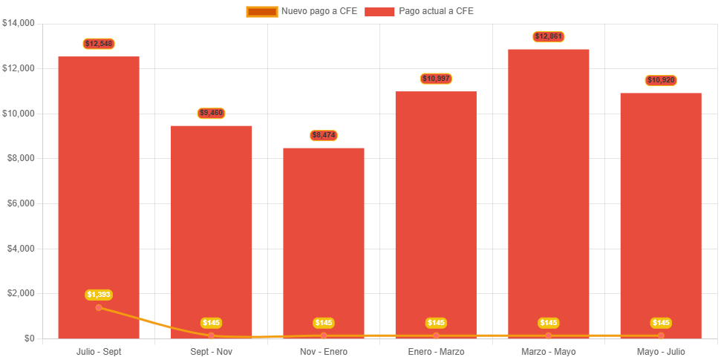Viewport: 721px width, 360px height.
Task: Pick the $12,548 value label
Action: pyautogui.click(x=99, y=44)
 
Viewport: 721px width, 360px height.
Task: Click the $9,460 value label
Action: pyautogui.click(x=211, y=113)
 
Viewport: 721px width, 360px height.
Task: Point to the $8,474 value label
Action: pyautogui.click(x=324, y=135)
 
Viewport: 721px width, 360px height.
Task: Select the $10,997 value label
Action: pyautogui.click(x=436, y=79)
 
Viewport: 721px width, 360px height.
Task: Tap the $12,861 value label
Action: pyautogui.click(x=549, y=36)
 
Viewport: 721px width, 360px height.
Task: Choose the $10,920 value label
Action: pyautogui.click(x=661, y=80)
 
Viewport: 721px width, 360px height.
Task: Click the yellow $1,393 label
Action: pyautogui.click(x=99, y=295)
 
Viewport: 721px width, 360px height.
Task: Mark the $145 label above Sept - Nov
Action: pyautogui.click(x=211, y=323)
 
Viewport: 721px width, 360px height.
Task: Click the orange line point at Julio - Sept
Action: pyautogui.click(x=99, y=307)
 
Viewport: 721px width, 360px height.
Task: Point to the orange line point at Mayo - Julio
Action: pyautogui.click(x=661, y=336)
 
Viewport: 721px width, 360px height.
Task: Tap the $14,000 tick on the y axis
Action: pyautogui.click(x=19, y=23)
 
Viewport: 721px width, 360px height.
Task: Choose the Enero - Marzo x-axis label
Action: pyautogui.click(x=436, y=351)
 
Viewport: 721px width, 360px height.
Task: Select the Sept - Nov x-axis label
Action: pyautogui.click(x=211, y=351)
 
